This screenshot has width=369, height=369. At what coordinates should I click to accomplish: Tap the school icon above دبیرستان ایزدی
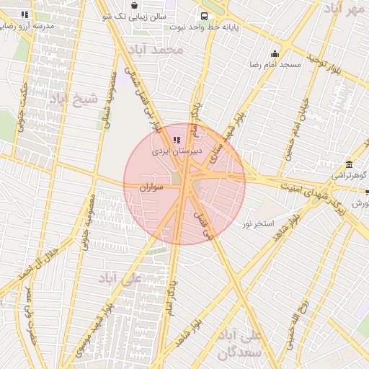pos(177,139)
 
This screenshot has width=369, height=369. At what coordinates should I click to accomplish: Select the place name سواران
pos(153,187)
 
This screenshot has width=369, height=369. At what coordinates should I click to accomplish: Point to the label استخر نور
pos(258,224)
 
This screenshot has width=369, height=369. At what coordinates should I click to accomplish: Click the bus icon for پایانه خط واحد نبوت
pos(205,15)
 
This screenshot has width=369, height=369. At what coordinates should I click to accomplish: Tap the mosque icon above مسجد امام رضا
pos(275,53)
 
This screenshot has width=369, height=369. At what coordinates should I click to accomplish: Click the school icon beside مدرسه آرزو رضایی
pos(25,14)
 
